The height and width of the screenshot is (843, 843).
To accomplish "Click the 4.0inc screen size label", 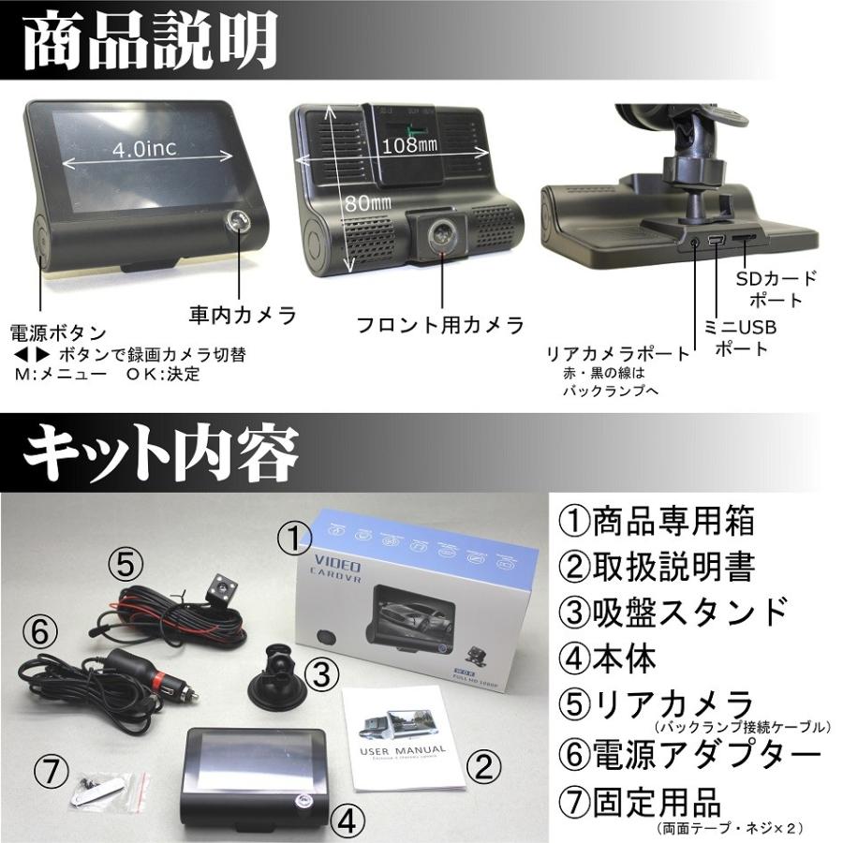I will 144,149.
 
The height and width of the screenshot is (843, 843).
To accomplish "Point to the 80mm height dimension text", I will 367,200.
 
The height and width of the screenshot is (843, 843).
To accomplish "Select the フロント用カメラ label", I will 439,325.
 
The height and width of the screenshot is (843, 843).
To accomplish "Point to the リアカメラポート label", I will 618,355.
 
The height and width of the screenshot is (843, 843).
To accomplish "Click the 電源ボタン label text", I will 57,333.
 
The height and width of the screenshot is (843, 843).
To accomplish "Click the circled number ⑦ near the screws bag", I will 53,772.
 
